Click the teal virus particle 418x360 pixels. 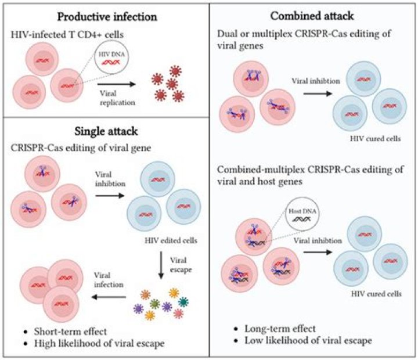183,301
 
